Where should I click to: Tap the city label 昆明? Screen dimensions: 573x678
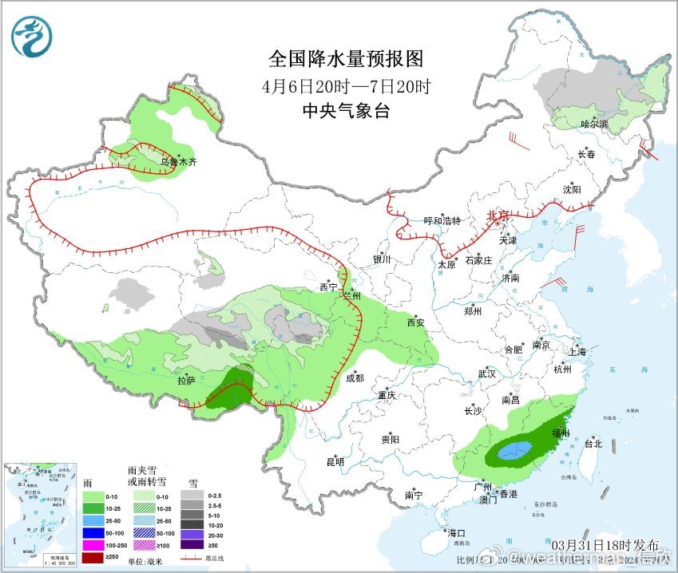tap(335, 462)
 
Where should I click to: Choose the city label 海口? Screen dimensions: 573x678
tap(456, 532)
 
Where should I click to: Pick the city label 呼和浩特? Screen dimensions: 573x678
tap(442, 221)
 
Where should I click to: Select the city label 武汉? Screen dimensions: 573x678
tap(487, 373)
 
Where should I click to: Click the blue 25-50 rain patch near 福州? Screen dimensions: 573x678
tap(514, 452)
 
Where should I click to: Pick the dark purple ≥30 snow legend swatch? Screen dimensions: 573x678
tap(192, 545)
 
